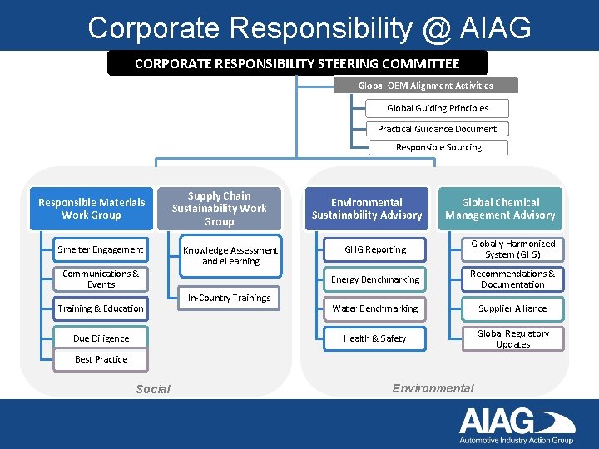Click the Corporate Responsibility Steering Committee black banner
[x=297, y=63]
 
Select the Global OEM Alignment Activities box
[x=426, y=86]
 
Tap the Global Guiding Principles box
[x=438, y=108]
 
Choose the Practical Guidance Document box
[x=437, y=129]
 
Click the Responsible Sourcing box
[x=438, y=147]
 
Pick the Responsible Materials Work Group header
[x=92, y=209]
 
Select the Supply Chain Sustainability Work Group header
[x=219, y=209]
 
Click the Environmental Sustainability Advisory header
[x=367, y=209]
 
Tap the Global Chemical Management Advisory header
[x=500, y=209]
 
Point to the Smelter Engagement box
[x=101, y=249]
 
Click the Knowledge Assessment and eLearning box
[x=230, y=255]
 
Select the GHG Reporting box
[x=375, y=249]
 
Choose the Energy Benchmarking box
[x=375, y=279]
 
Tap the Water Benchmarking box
[x=375, y=308]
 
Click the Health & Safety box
[x=375, y=338]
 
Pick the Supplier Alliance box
[x=512, y=308]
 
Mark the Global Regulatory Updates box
[x=512, y=338]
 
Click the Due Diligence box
[x=101, y=338]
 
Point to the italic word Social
[x=153, y=389]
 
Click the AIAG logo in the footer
[x=516, y=425]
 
